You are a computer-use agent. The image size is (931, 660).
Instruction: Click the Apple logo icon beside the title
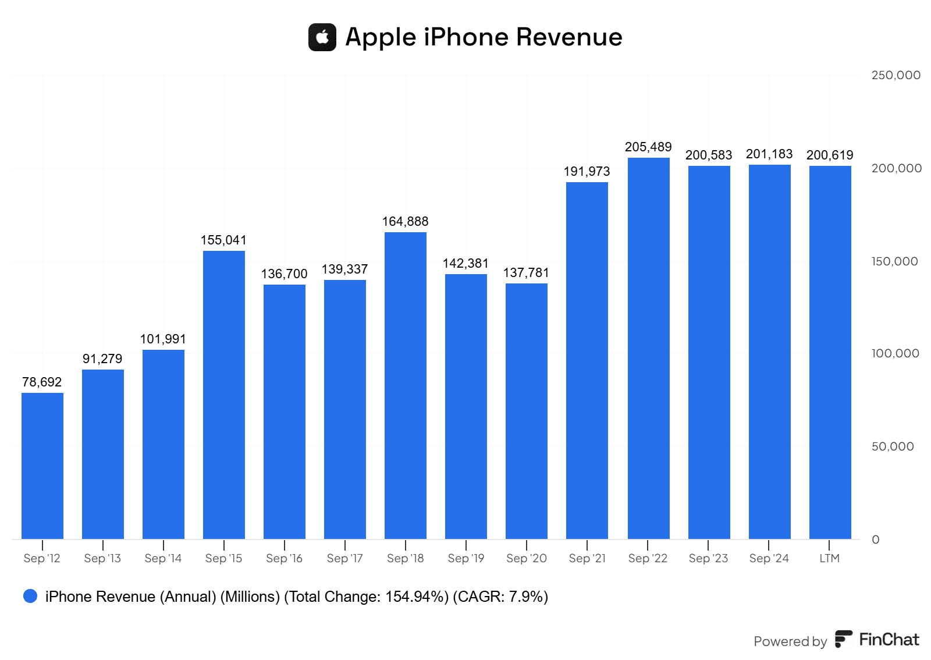(322, 37)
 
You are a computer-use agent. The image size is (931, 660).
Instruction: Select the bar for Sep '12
(42, 466)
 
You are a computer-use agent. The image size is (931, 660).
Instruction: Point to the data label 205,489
(648, 147)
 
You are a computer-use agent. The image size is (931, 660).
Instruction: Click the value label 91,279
(102, 359)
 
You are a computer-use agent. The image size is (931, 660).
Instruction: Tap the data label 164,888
(405, 222)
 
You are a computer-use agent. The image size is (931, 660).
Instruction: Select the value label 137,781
(526, 273)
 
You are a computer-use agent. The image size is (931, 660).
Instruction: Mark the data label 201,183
(769, 154)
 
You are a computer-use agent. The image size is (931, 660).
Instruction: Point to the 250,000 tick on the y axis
(896, 75)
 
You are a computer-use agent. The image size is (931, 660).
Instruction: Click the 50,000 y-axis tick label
(893, 446)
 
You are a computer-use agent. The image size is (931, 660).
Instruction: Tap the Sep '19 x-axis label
(465, 558)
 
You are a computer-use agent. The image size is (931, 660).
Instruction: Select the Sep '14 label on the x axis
(163, 558)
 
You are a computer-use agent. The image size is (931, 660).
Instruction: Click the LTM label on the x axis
(829, 558)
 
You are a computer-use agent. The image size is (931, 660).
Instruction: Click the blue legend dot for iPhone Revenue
(30, 596)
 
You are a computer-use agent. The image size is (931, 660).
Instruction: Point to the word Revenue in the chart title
(569, 37)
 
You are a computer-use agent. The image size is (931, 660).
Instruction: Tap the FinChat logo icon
(844, 639)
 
